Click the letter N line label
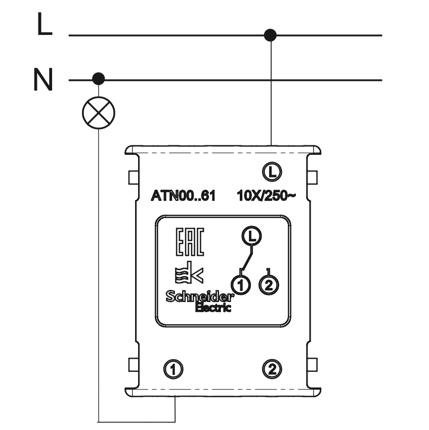(44, 80)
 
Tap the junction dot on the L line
(271, 35)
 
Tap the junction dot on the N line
(99, 79)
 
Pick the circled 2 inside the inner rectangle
(268, 284)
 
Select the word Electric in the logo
(213, 308)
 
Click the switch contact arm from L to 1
(246, 259)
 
